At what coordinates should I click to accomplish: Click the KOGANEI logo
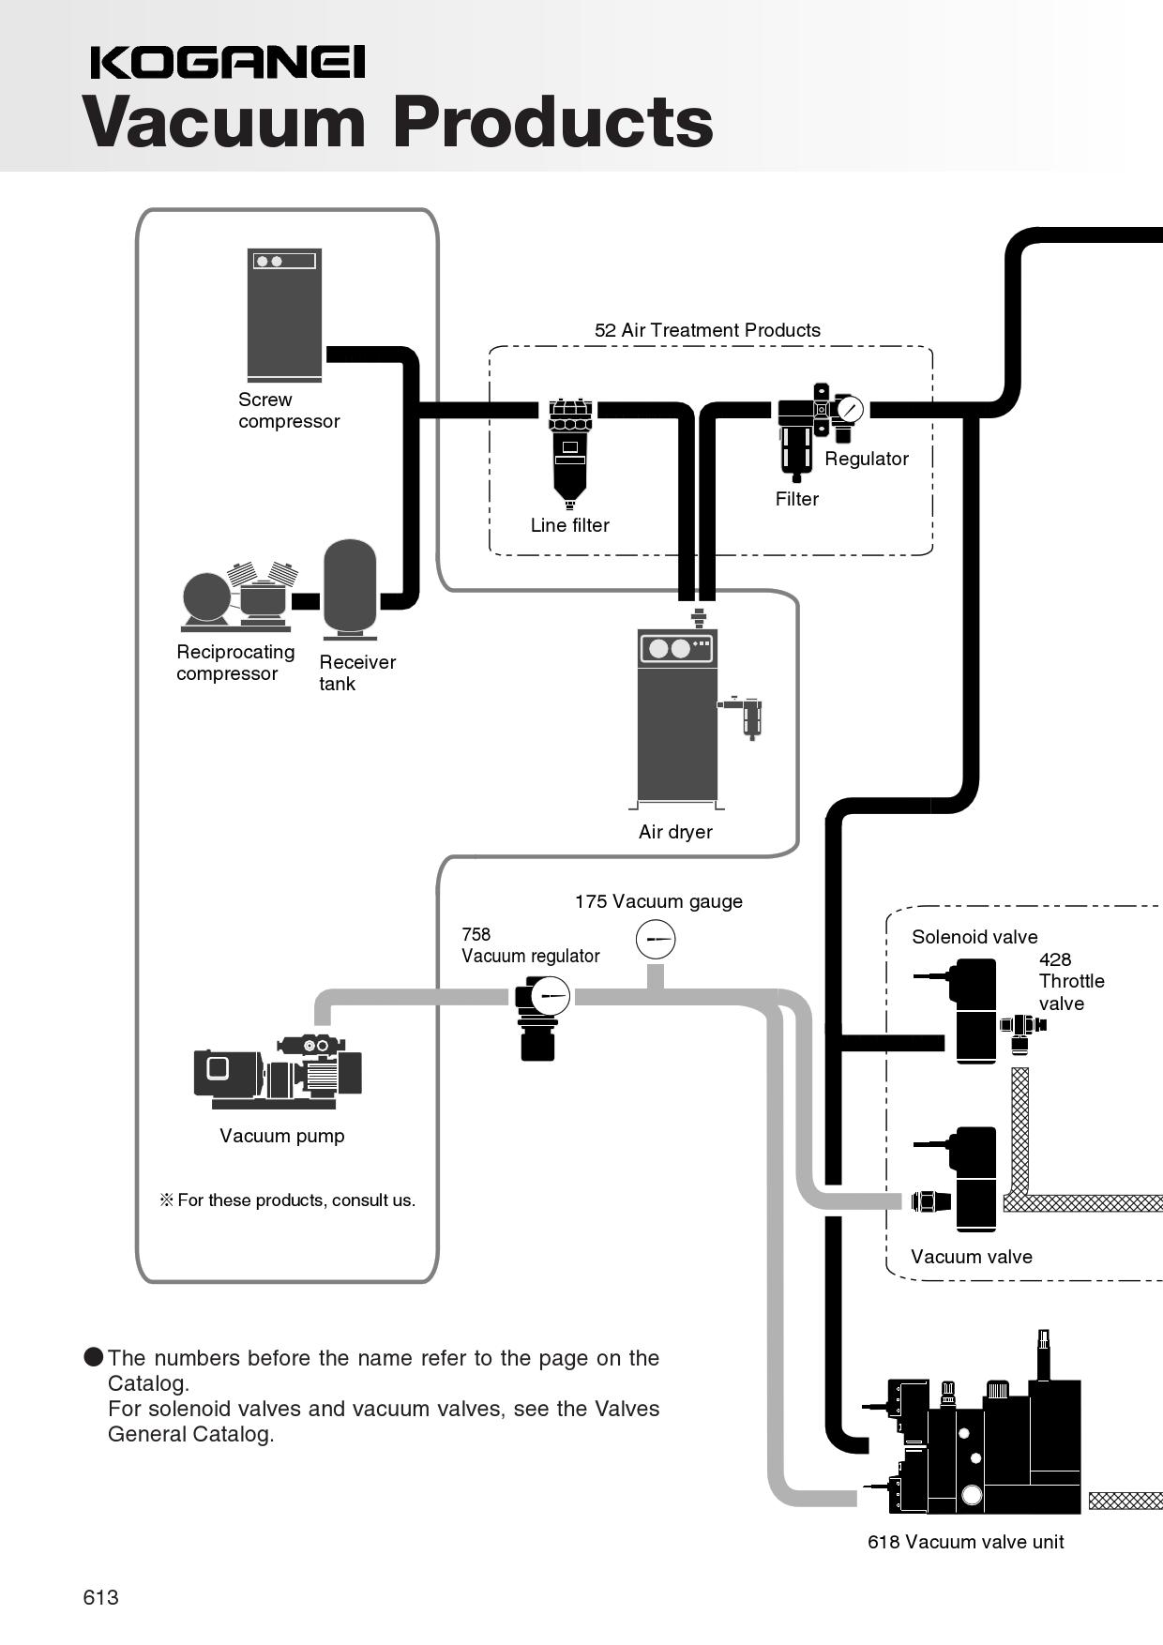click(x=228, y=63)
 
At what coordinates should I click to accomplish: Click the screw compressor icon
click(x=284, y=314)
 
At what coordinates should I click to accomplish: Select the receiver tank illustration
click(x=349, y=588)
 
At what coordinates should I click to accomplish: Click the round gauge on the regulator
click(x=850, y=410)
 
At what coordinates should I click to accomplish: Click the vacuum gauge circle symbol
click(x=656, y=939)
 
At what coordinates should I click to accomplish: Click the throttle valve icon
click(x=1022, y=1025)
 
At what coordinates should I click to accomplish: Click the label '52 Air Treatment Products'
click(x=707, y=330)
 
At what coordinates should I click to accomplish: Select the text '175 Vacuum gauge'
click(x=658, y=901)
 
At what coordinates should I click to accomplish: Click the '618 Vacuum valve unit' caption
click(x=965, y=1542)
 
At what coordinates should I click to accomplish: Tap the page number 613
click(x=100, y=1597)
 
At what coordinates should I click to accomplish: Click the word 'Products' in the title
click(x=553, y=122)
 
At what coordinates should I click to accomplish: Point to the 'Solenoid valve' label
click(x=974, y=937)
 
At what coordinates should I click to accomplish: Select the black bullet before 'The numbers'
click(x=94, y=1357)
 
